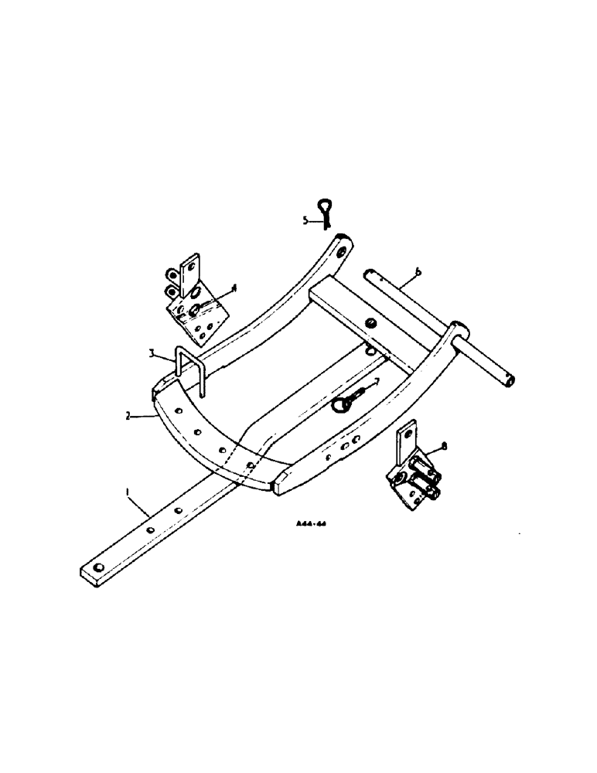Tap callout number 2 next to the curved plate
[127, 416]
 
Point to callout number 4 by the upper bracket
[234, 288]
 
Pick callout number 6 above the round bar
[418, 271]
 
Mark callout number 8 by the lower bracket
[444, 446]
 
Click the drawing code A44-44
[312, 523]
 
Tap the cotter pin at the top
[326, 212]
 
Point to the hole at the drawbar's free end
[97, 569]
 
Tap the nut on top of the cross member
[371, 322]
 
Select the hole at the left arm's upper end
[341, 247]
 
